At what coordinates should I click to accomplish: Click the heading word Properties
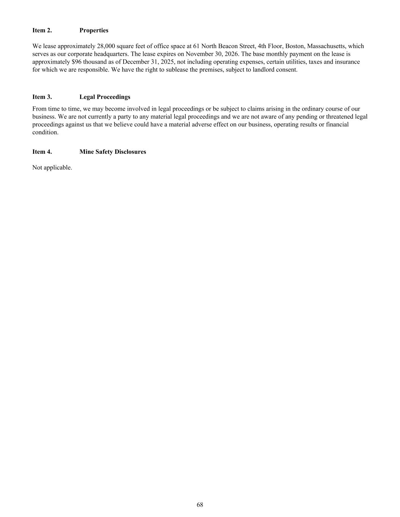pyautogui.click(x=94, y=30)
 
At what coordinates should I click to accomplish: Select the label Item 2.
pyautogui.click(x=42, y=30)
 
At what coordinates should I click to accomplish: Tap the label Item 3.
pyautogui.click(x=42, y=97)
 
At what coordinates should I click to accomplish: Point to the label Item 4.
pyautogui.click(x=42, y=152)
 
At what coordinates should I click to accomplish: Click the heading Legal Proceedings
pyautogui.click(x=105, y=97)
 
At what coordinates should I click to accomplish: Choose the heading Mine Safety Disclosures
pyautogui.click(x=113, y=152)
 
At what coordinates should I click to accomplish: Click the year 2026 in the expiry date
pyautogui.click(x=231, y=54)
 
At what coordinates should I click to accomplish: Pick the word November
pyautogui.click(x=199, y=54)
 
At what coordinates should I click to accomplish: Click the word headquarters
pyautogui.click(x=108, y=54)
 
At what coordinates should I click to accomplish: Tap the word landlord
pyautogui.click(x=263, y=70)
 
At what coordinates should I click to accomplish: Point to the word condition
pyautogui.click(x=45, y=133)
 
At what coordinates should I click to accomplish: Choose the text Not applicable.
pyautogui.click(x=52, y=167)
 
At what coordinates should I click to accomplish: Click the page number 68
pyautogui.click(x=200, y=505)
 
